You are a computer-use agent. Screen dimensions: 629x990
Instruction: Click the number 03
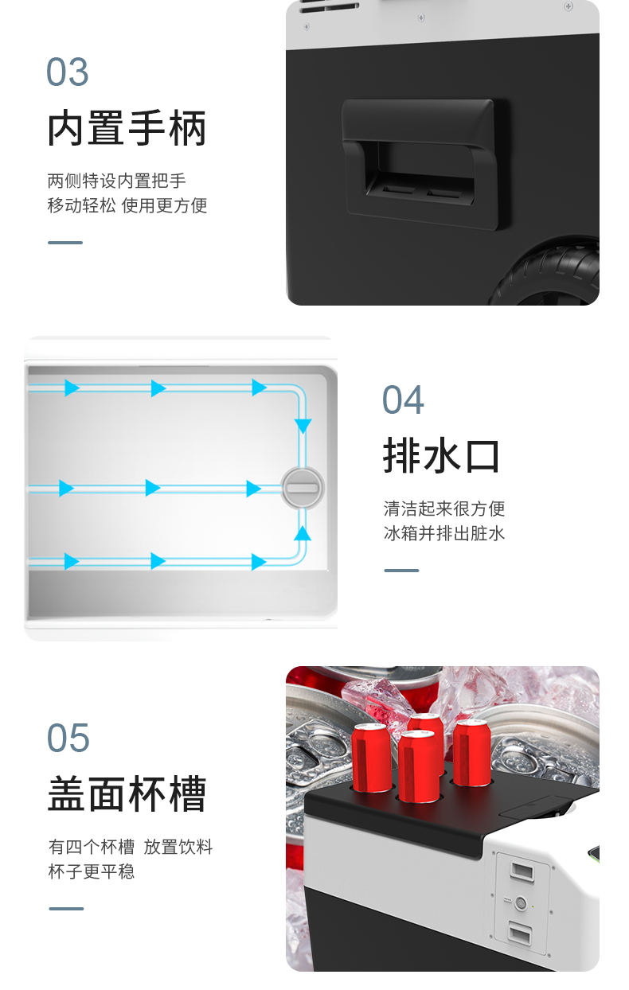[x=67, y=72]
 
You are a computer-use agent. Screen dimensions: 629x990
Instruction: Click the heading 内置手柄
[x=127, y=128]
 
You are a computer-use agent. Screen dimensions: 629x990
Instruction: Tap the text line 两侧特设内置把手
[x=117, y=181]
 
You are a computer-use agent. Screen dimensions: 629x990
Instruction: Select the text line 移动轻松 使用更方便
[x=127, y=205]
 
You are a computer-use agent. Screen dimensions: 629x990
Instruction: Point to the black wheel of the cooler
[x=548, y=274]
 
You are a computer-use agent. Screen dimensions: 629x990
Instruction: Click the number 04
[x=403, y=400]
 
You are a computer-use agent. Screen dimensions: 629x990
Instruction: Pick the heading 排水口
[x=441, y=456]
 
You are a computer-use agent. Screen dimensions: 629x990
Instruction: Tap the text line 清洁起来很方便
[x=444, y=509]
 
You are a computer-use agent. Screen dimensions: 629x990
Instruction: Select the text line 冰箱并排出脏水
[x=444, y=533]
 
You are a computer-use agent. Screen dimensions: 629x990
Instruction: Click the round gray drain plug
[x=303, y=488]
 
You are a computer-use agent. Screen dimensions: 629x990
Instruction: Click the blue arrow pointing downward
[x=303, y=426]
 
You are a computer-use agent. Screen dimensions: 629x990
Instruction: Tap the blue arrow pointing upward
[x=303, y=533]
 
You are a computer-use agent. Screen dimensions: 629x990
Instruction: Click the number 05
[x=68, y=738]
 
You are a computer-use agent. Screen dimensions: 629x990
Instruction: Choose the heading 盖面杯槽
[x=127, y=793]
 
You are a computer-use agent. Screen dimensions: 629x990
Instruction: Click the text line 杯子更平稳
[x=91, y=871]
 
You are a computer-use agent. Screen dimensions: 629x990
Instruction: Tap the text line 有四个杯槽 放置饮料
[x=131, y=847]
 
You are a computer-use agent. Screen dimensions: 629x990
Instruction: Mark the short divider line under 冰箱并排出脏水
[x=401, y=571]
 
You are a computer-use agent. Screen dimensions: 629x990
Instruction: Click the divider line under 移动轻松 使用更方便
[x=65, y=243]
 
